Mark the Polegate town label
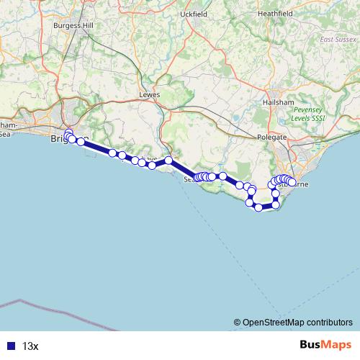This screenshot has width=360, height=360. [x=271, y=137]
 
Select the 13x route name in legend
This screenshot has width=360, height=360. [x=30, y=346]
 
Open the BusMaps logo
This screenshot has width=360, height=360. [x=325, y=345]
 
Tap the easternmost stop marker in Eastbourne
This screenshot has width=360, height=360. [x=292, y=183]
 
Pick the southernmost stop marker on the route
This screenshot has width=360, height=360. [x=258, y=207]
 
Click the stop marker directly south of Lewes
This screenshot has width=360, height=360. [x=168, y=161]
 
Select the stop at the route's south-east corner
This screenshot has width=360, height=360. [x=275, y=205]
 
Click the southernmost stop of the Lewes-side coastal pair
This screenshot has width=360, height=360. [x=152, y=166]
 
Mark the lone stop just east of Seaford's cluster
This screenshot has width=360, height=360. [x=223, y=176]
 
